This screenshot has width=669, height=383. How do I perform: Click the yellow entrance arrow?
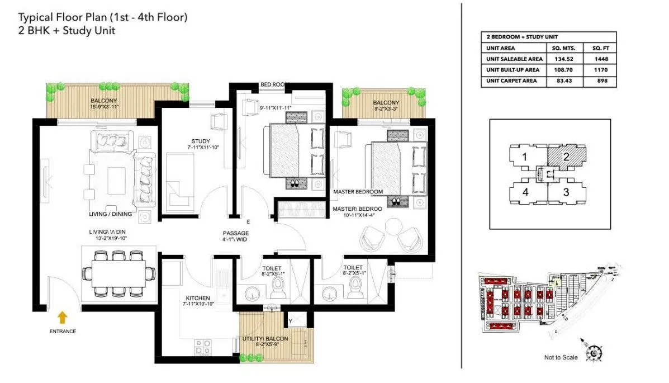[63, 318]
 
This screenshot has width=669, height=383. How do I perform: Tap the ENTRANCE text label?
[62, 332]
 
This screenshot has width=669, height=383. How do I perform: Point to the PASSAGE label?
[235, 233]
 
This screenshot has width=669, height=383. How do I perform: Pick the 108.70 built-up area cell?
[566, 70]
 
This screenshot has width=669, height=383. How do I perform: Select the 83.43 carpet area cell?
[566, 81]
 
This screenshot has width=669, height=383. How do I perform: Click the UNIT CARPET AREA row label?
[513, 81]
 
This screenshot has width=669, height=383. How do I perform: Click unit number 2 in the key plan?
[566, 157]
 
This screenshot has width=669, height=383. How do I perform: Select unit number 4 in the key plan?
[525, 192]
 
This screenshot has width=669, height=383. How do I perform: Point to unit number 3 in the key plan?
[566, 192]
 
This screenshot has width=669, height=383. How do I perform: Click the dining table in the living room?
[118, 273]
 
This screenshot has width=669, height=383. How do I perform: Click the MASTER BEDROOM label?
[358, 192]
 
